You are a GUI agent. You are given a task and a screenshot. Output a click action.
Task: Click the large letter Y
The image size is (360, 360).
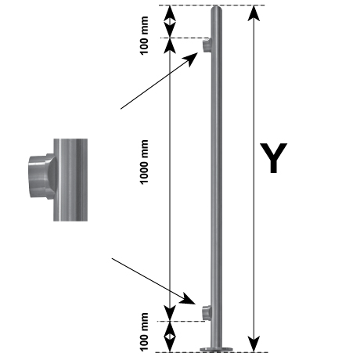tap(273, 157)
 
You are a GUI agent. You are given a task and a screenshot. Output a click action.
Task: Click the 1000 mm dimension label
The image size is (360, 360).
tap(144, 162)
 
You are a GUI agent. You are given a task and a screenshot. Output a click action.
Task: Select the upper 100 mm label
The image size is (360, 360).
tap(144, 35)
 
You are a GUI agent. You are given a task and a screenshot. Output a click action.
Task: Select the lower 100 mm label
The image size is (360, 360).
tap(144, 332)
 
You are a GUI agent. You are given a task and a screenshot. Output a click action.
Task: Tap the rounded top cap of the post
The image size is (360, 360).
tap(217, 10)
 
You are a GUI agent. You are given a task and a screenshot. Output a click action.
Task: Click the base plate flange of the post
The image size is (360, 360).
tap(217, 349)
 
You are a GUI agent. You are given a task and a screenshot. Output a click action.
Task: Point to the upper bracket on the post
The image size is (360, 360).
tap(207, 45)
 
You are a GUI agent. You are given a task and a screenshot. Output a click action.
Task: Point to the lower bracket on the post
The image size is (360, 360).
tap(207, 312)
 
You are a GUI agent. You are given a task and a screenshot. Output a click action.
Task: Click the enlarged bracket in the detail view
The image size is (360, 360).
tap(42, 176)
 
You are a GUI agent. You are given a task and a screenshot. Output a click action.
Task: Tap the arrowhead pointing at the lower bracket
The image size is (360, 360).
tap(189, 299)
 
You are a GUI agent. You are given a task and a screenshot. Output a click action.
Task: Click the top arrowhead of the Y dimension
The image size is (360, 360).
tap(254, 13)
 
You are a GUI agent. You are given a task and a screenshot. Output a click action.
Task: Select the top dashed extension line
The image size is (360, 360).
tap(212, 5)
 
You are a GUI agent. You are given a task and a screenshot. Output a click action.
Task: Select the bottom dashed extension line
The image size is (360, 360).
tap(212, 352)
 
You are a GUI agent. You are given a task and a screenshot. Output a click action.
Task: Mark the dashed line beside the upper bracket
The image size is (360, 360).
tap(185, 38)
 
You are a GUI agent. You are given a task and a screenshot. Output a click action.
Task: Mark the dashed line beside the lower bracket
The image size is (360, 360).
tap(181, 321)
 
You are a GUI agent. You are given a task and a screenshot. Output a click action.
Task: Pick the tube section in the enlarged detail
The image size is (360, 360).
tap(70, 180)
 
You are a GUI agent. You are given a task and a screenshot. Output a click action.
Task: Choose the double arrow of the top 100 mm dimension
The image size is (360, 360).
tap(170, 22)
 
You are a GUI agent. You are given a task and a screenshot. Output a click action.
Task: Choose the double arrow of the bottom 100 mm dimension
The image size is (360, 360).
tap(170, 337)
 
